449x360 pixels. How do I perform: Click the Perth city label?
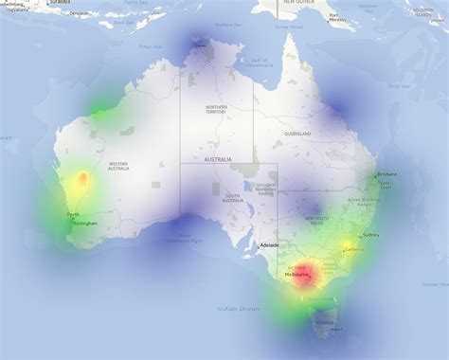tap(73, 214)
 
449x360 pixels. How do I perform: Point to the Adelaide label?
tap(270, 245)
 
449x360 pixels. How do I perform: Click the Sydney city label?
tap(370, 234)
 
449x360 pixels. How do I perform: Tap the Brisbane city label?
tap(387, 174)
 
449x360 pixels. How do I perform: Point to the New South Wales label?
tap(315, 221)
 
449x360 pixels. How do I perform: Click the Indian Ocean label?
tap(238, 309)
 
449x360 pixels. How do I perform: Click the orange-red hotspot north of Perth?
tap(82, 177)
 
